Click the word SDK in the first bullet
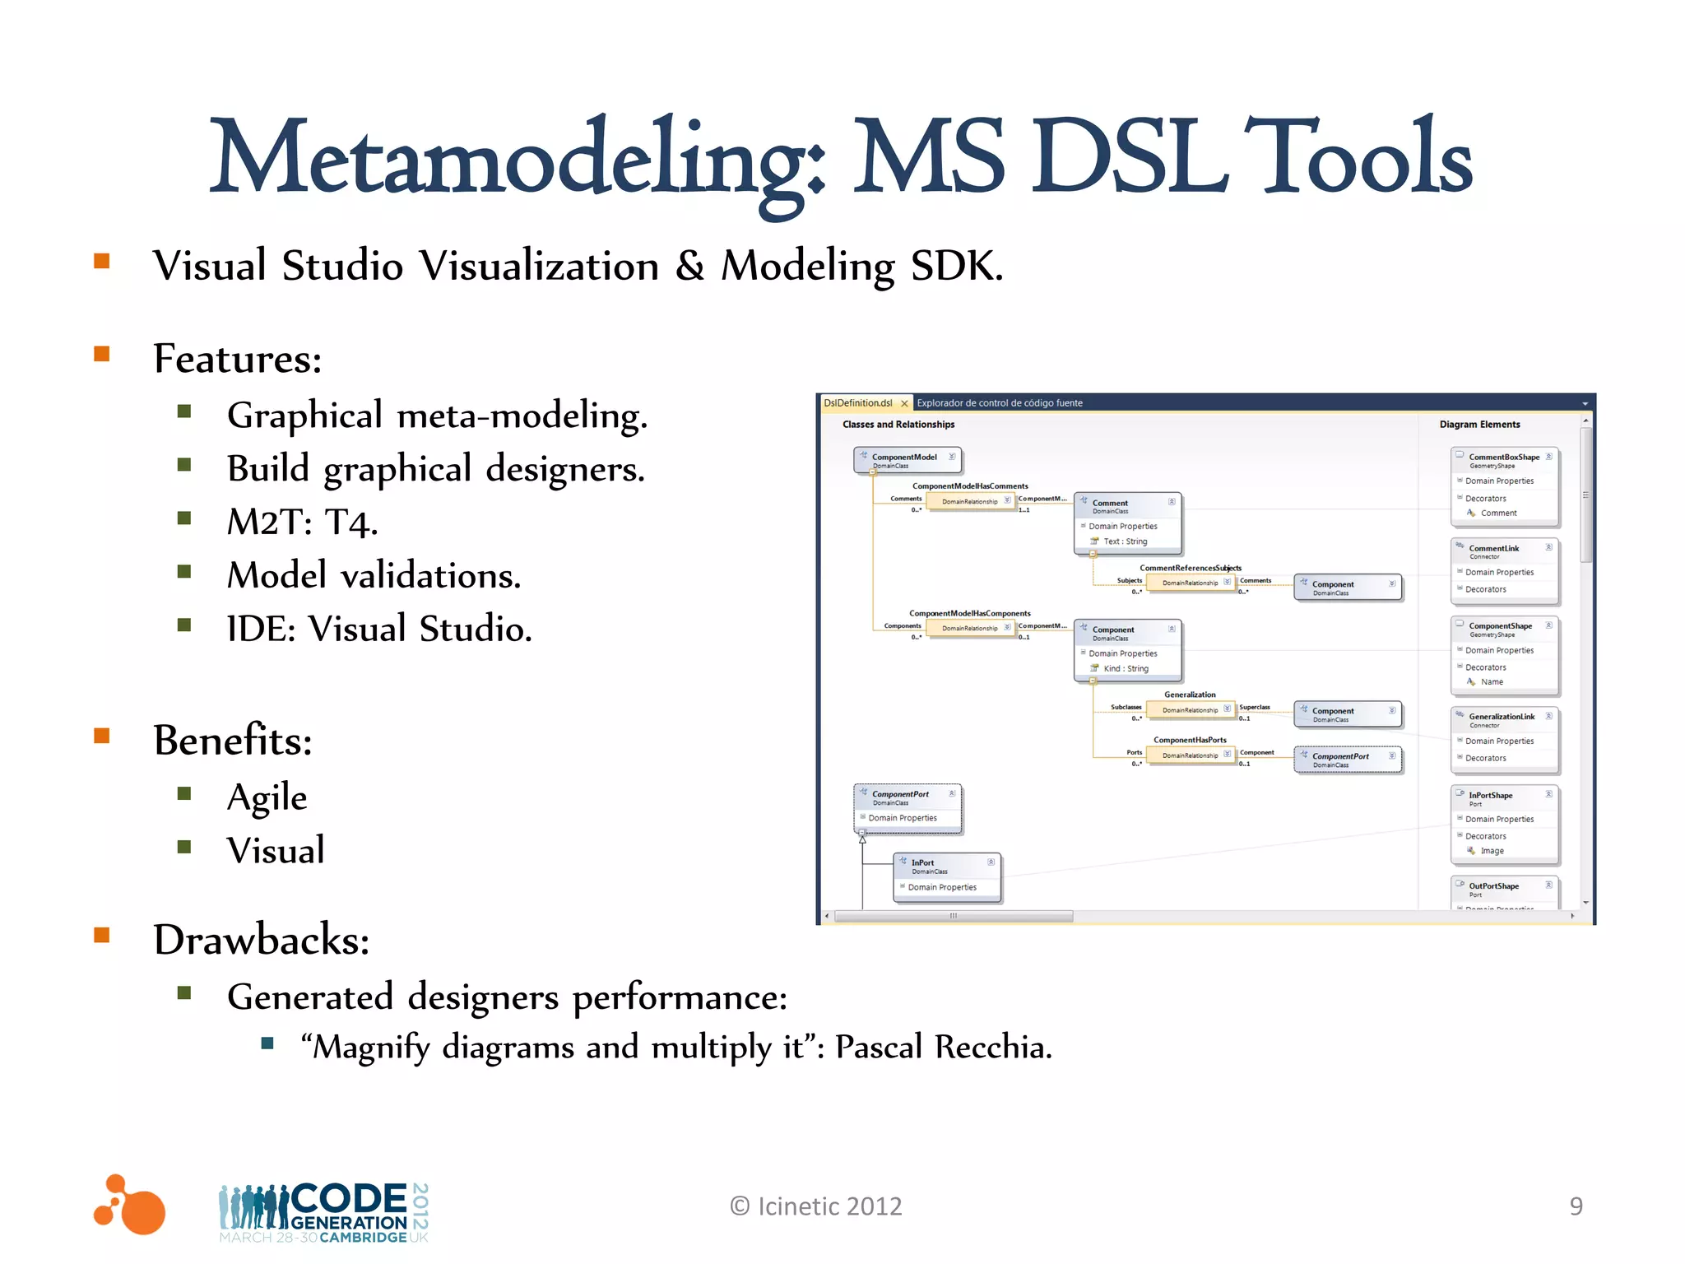pos(956,266)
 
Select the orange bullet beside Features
pos(102,355)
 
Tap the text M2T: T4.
pos(302,522)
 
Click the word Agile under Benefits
pos(267,797)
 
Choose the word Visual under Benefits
pos(276,850)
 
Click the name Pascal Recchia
pos(943,1048)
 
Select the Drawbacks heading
pos(262,940)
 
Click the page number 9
pos(1576,1206)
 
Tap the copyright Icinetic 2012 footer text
pos(815,1206)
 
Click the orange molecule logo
pos(130,1205)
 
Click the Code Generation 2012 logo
pos(324,1212)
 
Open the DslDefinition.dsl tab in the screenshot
pos(858,403)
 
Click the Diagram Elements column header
pos(1479,425)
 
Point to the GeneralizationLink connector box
pos(1503,718)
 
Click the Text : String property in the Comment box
pos(1125,541)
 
